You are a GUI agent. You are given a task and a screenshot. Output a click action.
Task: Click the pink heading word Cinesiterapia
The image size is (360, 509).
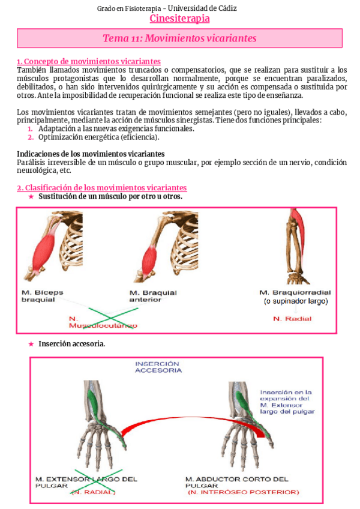point(179,19)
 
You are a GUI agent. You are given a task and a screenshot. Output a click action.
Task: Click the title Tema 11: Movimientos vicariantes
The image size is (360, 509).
point(179,38)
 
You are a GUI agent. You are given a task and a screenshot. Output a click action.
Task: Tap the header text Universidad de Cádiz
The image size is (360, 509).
point(202,8)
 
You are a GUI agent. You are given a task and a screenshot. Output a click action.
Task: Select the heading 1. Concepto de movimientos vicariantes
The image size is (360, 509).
point(88,61)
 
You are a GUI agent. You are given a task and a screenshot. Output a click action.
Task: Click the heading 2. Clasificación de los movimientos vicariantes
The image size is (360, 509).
point(101,188)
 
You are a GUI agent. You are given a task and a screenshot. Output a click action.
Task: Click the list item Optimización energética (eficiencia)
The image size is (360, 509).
point(99,137)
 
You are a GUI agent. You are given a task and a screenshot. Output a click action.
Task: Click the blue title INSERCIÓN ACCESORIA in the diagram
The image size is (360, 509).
point(158,367)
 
